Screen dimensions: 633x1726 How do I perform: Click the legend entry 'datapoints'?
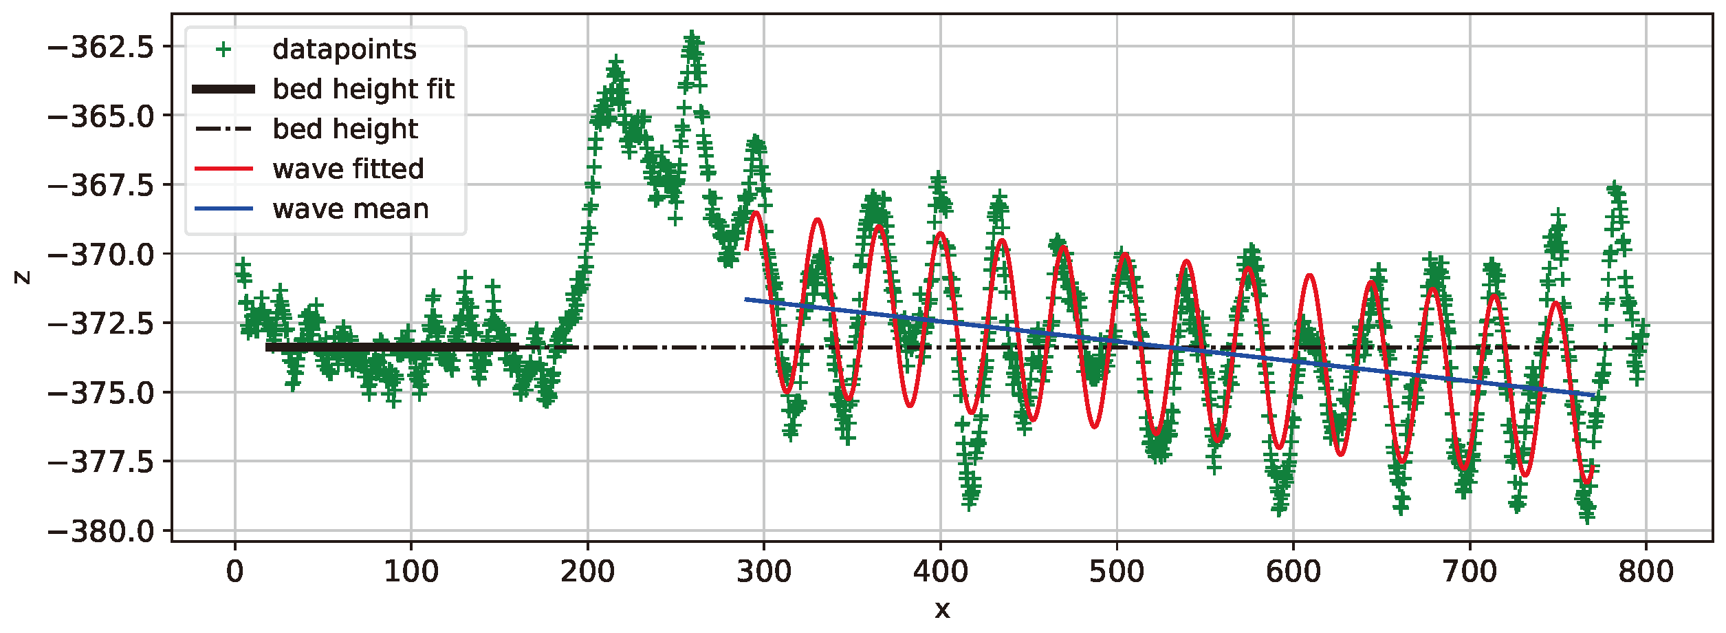click(344, 50)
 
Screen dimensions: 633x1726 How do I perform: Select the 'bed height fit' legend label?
click(363, 89)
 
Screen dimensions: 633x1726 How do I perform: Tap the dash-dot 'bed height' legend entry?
click(345, 129)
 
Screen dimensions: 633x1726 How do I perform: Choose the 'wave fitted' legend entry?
click(348, 169)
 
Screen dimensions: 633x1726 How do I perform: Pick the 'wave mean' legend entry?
click(350, 209)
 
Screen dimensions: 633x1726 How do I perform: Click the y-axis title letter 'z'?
click(23, 277)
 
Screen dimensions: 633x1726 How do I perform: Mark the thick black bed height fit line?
click(392, 347)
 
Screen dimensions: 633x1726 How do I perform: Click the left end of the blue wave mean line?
click(747, 299)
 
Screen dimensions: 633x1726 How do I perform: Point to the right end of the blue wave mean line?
click(1594, 396)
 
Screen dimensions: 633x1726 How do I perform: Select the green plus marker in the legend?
click(223, 50)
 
